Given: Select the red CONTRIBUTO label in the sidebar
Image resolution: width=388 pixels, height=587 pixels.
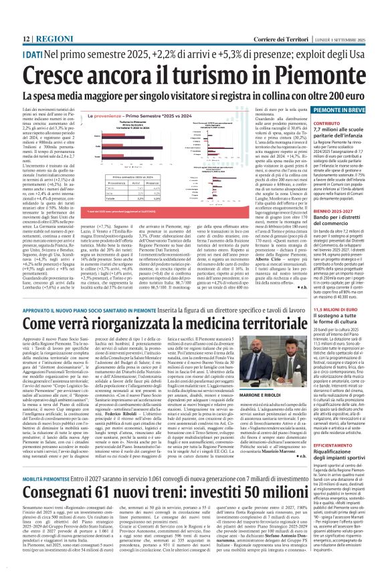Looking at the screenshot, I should coord(328,123).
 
